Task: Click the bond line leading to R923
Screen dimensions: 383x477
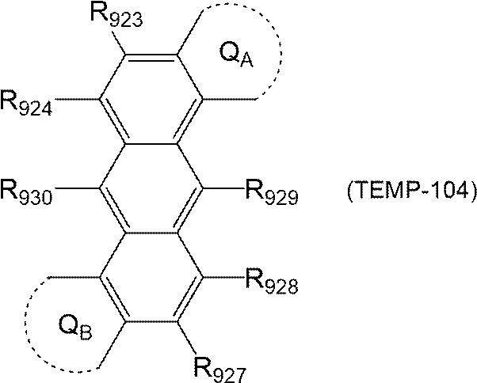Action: [x=124, y=44]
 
